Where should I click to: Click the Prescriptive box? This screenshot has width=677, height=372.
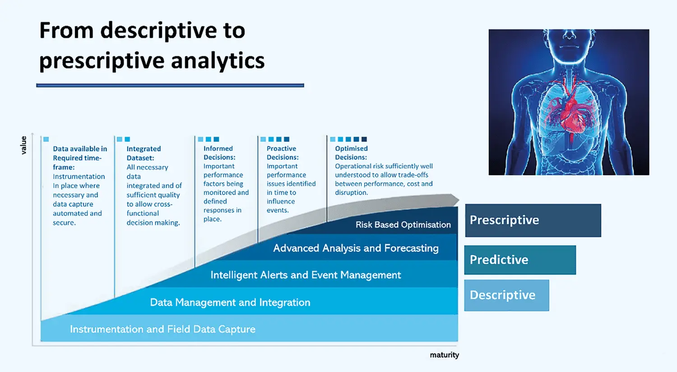point(533,220)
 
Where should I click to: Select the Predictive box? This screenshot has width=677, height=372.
point(520,260)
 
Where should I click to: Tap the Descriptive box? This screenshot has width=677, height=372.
point(507,295)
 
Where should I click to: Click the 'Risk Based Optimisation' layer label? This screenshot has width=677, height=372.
point(403,225)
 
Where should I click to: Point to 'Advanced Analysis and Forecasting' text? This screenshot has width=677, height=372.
point(356,248)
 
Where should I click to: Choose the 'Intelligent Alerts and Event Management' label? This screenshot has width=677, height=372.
point(306,275)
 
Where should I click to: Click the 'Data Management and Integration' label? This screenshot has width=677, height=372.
point(230,303)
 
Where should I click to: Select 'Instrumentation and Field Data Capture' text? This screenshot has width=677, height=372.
point(162,329)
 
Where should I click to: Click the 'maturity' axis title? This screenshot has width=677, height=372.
point(444,355)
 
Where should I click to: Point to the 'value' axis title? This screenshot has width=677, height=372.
point(23,145)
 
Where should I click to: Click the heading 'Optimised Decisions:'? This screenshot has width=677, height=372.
point(351,153)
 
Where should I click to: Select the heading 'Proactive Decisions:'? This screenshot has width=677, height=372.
point(283,153)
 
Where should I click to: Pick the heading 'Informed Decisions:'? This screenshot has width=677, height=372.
point(219,153)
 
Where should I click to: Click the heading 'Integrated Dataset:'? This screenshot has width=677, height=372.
point(144,153)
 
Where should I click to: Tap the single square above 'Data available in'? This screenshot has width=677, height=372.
point(46,139)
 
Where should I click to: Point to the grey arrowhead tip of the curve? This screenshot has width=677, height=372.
point(459,200)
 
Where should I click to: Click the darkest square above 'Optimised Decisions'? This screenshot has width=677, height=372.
point(364,139)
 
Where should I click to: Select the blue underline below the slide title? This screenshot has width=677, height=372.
point(170,86)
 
